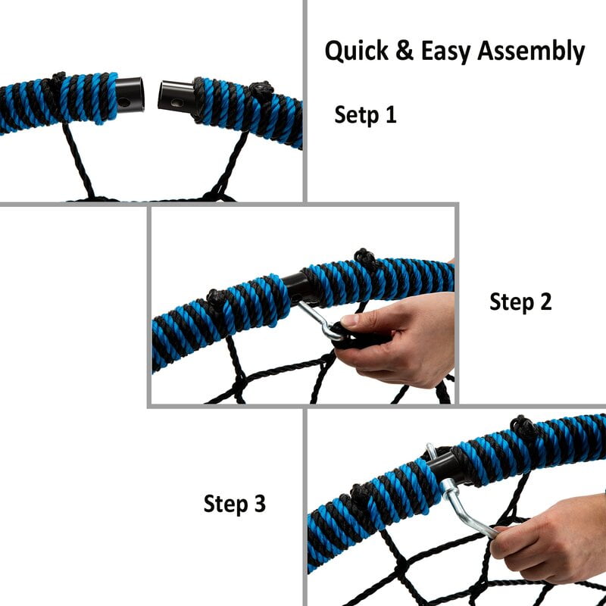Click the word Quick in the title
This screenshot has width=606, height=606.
click(356, 51)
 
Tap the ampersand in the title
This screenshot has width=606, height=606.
click(405, 51)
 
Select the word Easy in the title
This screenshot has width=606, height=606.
click(445, 52)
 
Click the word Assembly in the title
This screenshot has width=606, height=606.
click(531, 51)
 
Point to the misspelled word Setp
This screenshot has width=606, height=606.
click(356, 115)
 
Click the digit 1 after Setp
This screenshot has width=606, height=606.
click(391, 114)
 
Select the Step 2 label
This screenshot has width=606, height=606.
click(520, 301)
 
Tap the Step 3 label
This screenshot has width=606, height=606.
click(235, 504)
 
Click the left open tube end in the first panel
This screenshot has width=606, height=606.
click(130, 95)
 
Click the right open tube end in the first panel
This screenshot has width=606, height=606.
click(176, 96)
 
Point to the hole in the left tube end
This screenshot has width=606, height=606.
click(124, 102)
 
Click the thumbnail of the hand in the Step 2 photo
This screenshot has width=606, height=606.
click(350, 320)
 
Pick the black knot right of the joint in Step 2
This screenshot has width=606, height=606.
click(364, 257)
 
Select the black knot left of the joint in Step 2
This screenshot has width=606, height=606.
click(217, 298)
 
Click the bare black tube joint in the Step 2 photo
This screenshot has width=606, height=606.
click(298, 287)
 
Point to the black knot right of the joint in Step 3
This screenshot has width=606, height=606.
click(523, 426)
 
